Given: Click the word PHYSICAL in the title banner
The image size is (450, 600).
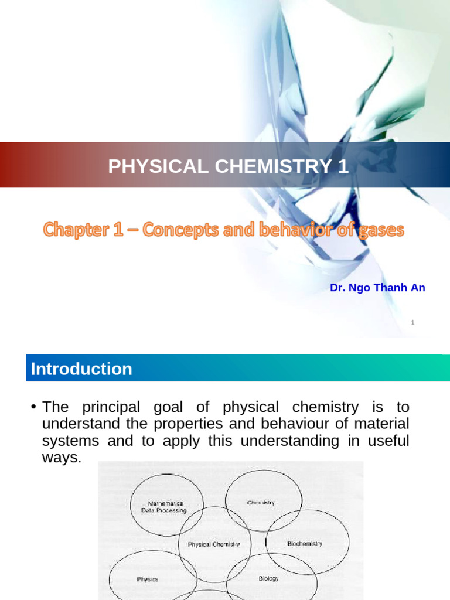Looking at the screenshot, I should pos(154,166).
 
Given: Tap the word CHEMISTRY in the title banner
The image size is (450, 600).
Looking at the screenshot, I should pos(268,166).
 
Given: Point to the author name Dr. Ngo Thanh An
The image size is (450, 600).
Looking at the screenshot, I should pos(377,288).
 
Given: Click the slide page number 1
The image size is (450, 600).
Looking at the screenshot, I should pos(413,322).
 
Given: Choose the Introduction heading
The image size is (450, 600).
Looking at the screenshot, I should pos(81,369).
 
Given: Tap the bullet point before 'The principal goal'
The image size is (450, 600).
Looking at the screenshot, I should pos(35,407).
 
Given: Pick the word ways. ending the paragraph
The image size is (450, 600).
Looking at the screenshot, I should pos(62,458).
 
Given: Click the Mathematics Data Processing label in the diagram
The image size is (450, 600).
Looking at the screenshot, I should pos(165,507).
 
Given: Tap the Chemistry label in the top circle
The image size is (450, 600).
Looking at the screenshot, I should pos(261,503).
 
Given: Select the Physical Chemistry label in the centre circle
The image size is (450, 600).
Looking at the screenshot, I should pos(214,544).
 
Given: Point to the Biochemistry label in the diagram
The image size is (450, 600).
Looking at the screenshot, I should pos(305,544).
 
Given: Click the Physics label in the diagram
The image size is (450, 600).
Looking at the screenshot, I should pos(148,579).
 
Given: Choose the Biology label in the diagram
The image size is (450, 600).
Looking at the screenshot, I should pos(269,578).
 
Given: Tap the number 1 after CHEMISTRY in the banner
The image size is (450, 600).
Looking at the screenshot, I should pos(343,166).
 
